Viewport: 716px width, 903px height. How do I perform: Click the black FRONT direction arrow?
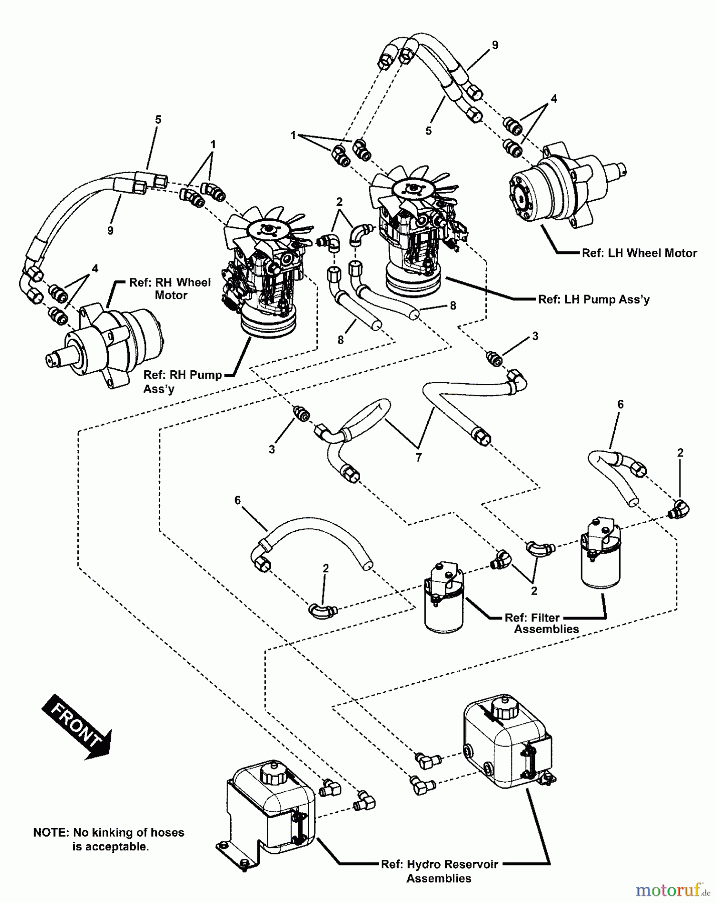tap(76, 725)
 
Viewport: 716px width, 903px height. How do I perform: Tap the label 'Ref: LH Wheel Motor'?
tap(639, 253)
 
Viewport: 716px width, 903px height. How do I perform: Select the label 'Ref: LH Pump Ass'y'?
tap(594, 299)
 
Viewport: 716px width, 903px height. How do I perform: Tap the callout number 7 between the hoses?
tap(419, 457)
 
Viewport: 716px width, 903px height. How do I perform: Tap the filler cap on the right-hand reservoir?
tap(502, 709)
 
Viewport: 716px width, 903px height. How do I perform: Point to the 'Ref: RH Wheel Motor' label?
tap(170, 288)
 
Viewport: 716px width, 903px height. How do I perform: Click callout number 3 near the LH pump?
tap(535, 336)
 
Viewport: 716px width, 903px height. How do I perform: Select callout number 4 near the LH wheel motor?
tap(554, 99)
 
